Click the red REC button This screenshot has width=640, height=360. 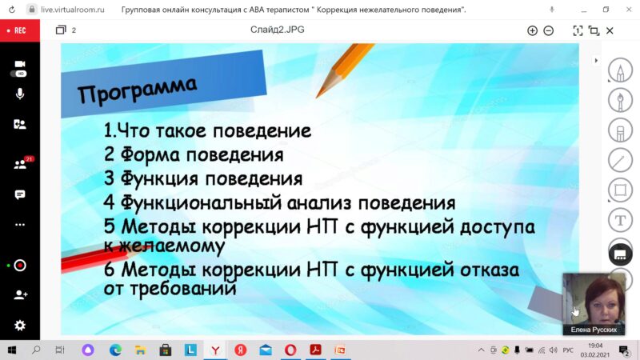point(19,30)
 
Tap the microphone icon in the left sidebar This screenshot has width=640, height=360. point(19,94)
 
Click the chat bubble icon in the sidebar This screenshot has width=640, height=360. point(19,194)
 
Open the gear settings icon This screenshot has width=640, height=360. point(19,326)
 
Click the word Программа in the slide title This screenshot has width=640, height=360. point(137,89)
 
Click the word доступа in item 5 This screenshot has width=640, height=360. point(497,227)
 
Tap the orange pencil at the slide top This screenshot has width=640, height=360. point(344,70)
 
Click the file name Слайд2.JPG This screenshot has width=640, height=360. point(277,30)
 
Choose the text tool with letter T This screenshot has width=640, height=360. point(621,221)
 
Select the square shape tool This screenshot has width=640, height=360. point(621,190)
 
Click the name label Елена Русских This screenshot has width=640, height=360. point(594,330)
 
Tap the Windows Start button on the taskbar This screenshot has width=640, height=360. point(12,350)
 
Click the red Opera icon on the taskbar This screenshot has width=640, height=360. point(290,350)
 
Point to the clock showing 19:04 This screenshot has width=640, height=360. point(595,346)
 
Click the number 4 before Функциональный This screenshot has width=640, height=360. point(109,203)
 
